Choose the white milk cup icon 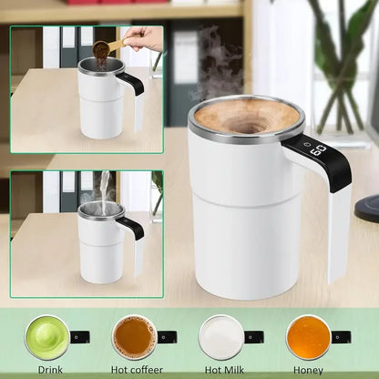click(x=220, y=337)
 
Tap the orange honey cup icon click(x=307, y=337)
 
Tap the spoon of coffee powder click(x=101, y=47)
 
